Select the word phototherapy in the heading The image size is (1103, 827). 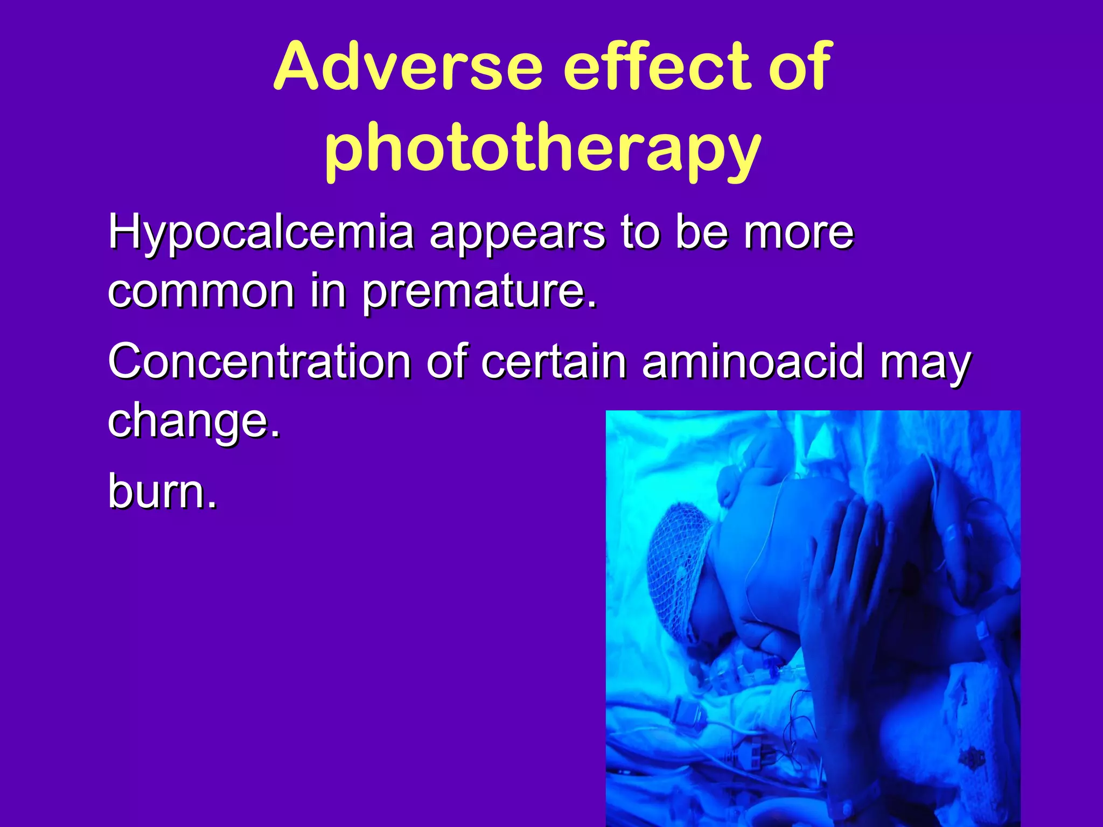pos(542,148)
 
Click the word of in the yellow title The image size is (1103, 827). pos(800,67)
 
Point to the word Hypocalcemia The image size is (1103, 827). pos(261,233)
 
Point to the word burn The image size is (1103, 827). pos(162,490)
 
